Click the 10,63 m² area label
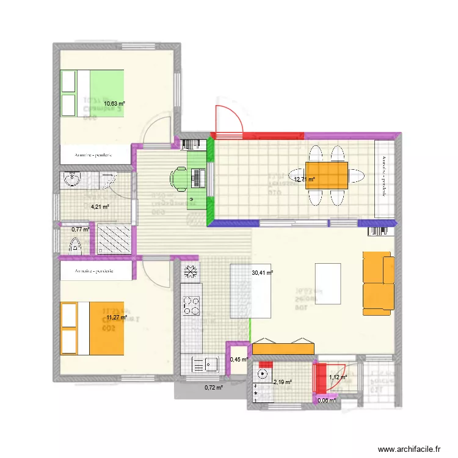point(114,104)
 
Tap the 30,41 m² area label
point(263,274)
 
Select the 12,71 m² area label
point(304,180)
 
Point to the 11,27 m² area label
point(116,317)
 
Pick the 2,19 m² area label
point(283,382)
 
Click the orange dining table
point(327,176)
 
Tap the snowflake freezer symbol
point(191,272)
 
